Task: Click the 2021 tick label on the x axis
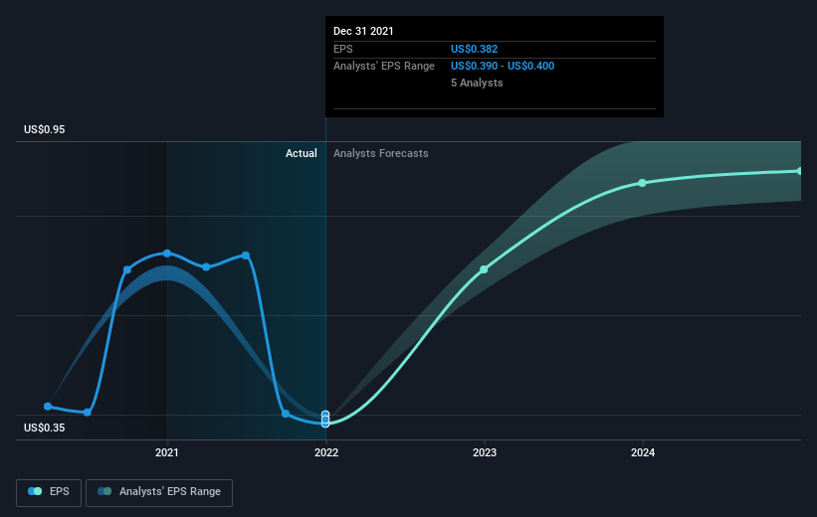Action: (167, 452)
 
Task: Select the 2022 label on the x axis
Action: (326, 452)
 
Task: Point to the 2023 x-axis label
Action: (485, 452)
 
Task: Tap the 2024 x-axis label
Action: (643, 452)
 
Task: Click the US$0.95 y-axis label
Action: (45, 129)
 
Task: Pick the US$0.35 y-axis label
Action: (45, 428)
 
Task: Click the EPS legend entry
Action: (49, 492)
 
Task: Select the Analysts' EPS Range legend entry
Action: (159, 492)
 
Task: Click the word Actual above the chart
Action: (302, 153)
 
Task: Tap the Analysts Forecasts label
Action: (381, 153)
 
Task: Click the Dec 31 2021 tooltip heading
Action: (363, 31)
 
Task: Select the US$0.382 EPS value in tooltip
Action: (474, 49)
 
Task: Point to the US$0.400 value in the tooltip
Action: (531, 67)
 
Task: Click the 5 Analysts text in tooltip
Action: (477, 83)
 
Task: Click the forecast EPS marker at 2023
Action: (484, 269)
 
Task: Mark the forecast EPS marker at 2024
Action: (643, 183)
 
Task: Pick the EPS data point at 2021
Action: (167, 254)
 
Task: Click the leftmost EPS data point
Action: (48, 406)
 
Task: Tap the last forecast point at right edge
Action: (799, 171)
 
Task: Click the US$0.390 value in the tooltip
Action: (474, 67)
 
